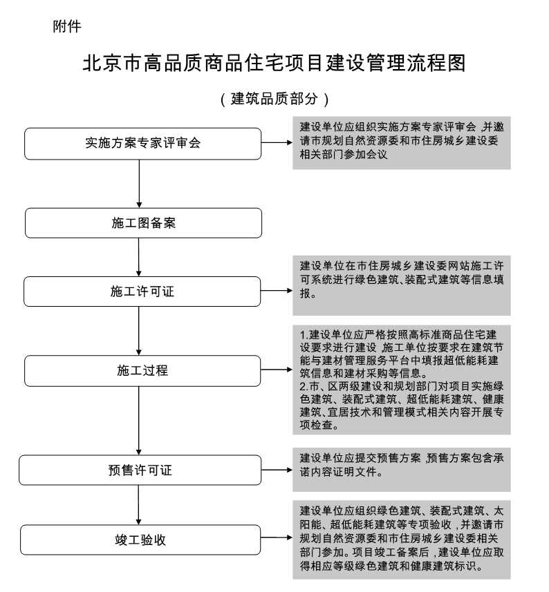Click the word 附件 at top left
pos(67,26)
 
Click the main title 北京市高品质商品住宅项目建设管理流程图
pos(274,63)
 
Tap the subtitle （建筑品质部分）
pos(274,99)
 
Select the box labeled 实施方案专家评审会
pos(143,144)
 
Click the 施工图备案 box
pos(144,222)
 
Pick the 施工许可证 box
pos(142,291)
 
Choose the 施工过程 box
pos(142,370)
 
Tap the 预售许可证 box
pos(140,470)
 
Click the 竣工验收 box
pos(140,540)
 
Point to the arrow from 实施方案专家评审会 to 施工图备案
pos(139,184)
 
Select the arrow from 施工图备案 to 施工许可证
pos(139,257)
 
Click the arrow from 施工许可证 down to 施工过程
pos(139,331)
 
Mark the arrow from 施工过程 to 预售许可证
pos(139,421)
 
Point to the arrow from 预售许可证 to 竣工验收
pos(138,505)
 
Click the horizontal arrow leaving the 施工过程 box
pos(277,370)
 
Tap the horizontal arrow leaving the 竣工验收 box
pos(277,537)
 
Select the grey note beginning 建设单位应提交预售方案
pos(402,470)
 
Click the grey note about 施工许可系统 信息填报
pos(402,285)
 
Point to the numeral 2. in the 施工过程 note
pos(304,387)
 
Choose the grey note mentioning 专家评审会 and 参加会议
pos(402,143)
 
